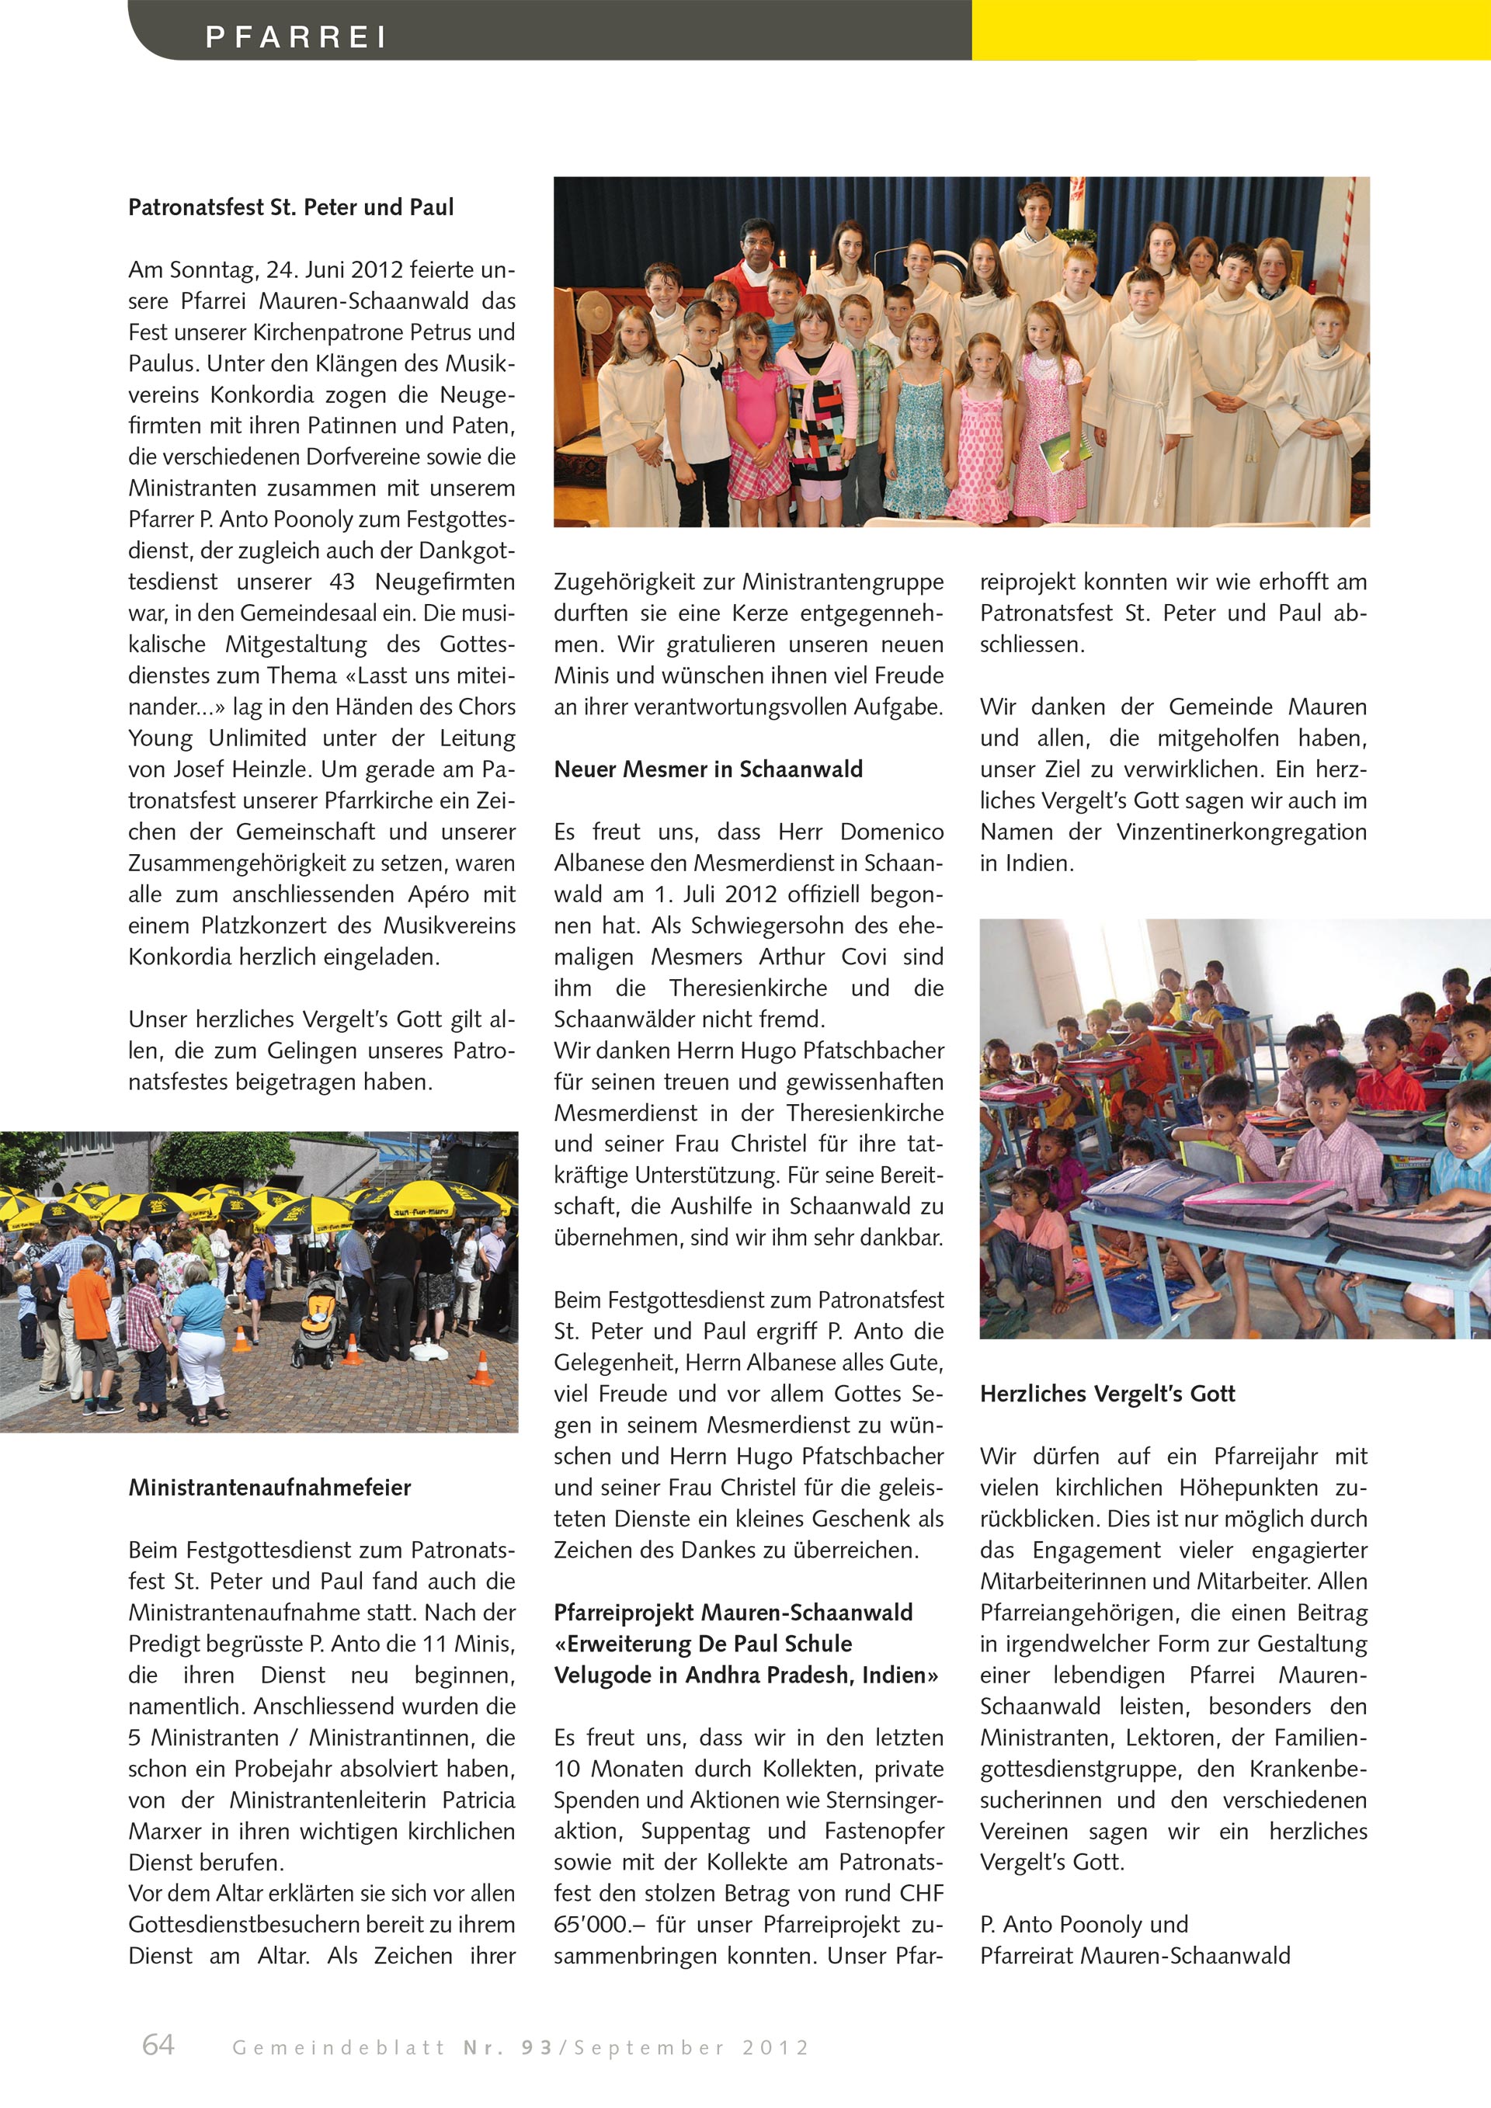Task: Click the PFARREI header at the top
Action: pos(296,36)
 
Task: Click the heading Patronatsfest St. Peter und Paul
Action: pos(290,207)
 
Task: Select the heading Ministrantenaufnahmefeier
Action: pos(269,1488)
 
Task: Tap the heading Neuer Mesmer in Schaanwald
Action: pos(708,769)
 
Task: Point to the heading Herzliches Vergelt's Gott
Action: pos(1107,1394)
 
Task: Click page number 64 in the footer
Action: pos(158,2044)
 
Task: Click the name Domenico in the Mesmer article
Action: pos(891,832)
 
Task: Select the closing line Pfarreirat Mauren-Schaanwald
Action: pos(1135,1956)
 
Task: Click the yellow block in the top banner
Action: pos(1230,30)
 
